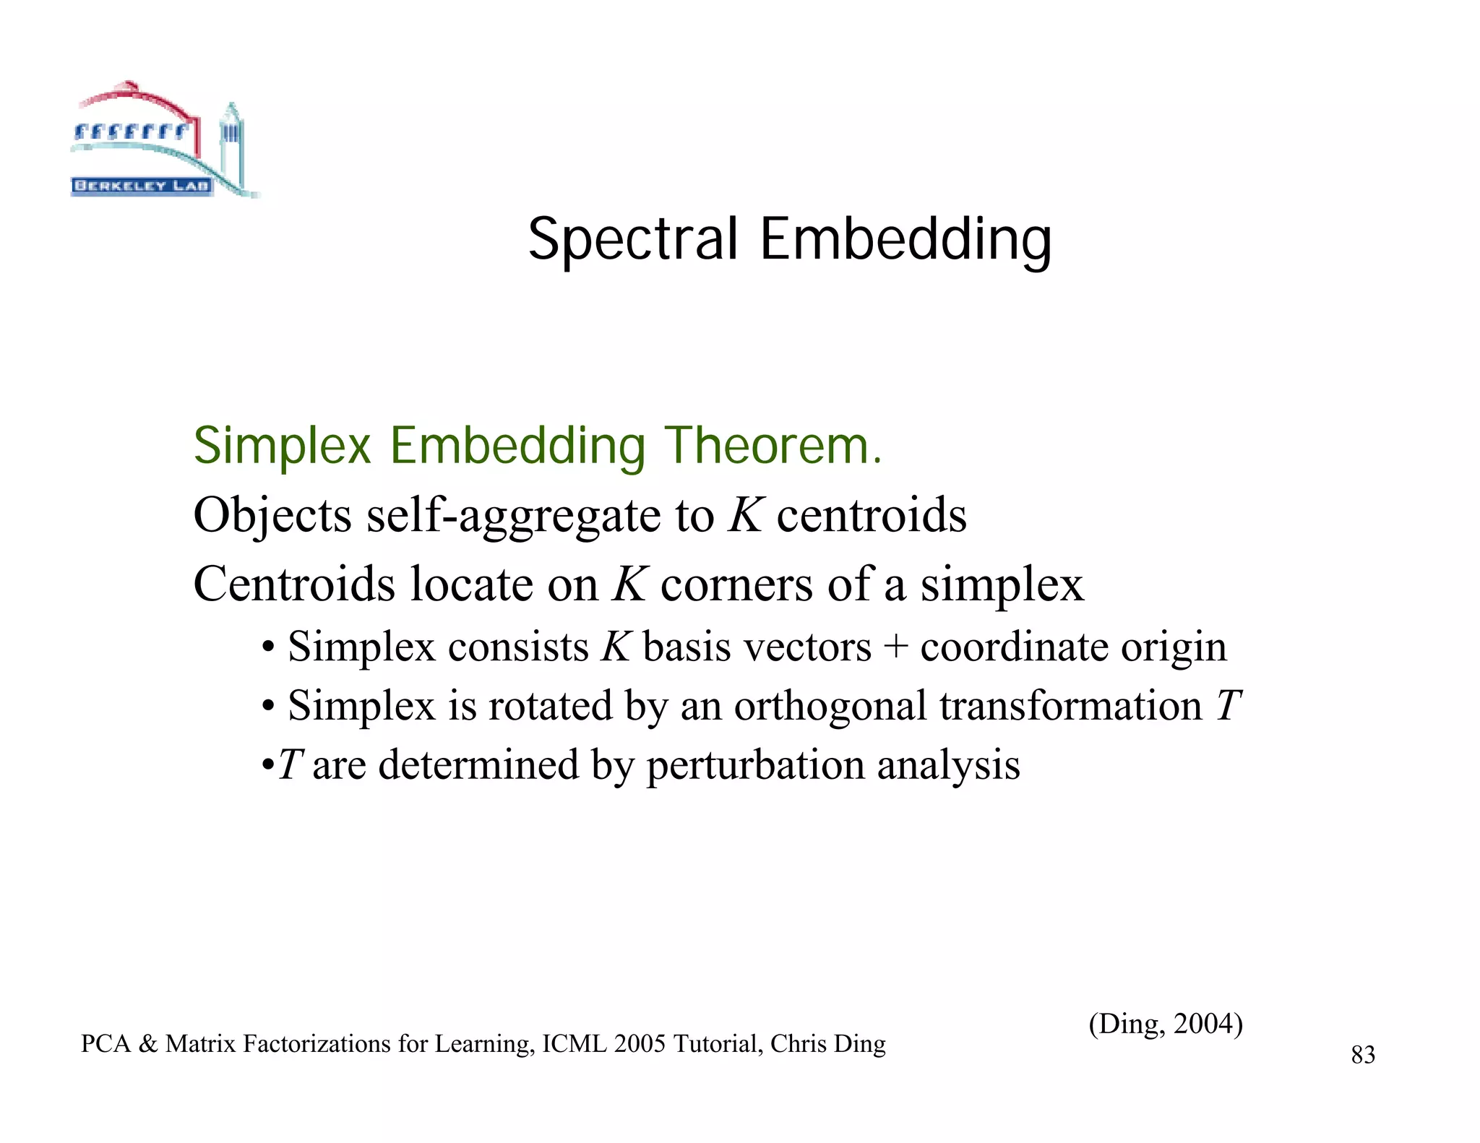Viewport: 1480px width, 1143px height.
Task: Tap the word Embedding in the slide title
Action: point(905,241)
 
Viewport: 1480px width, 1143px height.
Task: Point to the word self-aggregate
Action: point(514,516)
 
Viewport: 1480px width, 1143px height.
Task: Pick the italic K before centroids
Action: point(746,515)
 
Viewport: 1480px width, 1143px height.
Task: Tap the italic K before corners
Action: point(628,584)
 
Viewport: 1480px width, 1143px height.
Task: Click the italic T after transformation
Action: point(1228,705)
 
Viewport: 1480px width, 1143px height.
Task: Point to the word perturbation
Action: point(754,764)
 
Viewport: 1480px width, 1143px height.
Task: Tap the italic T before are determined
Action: point(290,764)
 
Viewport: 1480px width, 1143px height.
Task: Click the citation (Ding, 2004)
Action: point(1165,1023)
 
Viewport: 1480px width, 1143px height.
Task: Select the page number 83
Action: point(1363,1055)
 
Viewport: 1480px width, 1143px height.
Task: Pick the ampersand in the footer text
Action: point(147,1044)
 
